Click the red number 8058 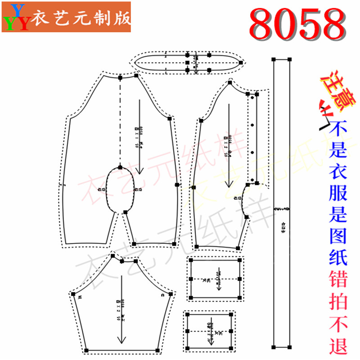click(297, 23)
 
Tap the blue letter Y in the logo click(18, 9)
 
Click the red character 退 click(338, 345)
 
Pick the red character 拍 click(338, 302)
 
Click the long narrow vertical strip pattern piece click(282, 202)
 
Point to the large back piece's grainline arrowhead click(139, 171)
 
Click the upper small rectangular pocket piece click(216, 279)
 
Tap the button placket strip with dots click(253, 139)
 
